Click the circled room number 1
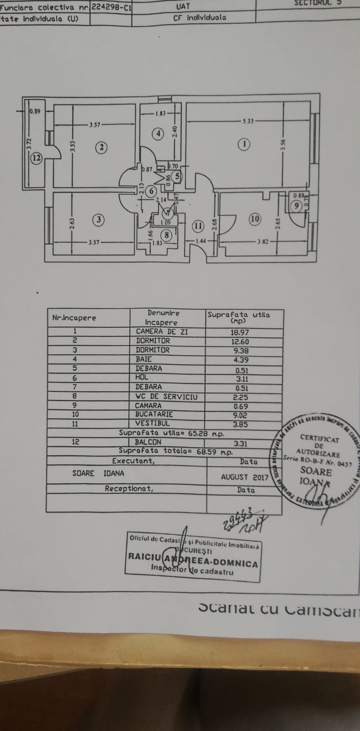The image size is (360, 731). (244, 144)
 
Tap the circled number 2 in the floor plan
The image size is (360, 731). (101, 147)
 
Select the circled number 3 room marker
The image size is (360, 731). (99, 220)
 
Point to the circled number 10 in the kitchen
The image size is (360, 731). (255, 219)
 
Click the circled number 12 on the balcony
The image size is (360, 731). (37, 159)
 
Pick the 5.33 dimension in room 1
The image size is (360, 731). (248, 121)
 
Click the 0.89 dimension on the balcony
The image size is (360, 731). (35, 111)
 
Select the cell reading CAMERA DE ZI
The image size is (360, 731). (162, 332)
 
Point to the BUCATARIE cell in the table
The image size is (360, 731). (154, 414)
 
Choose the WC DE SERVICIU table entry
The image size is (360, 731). (166, 396)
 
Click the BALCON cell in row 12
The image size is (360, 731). (148, 442)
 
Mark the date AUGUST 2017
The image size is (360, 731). (244, 477)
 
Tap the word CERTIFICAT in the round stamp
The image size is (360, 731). (319, 438)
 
